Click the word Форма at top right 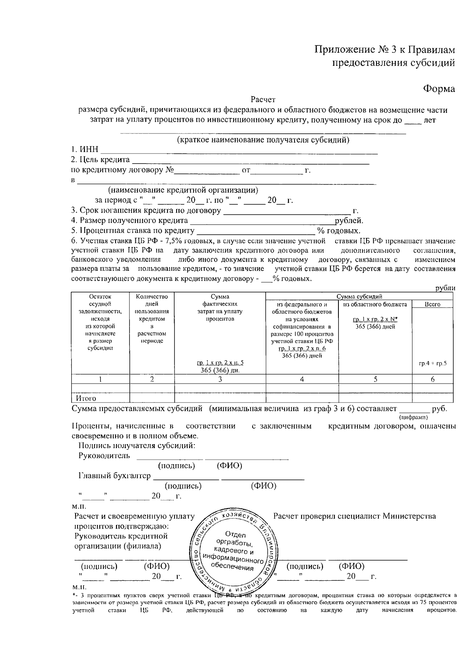[439, 89]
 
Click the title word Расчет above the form [263, 100]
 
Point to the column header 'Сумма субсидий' [359, 297]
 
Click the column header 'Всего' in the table [433, 304]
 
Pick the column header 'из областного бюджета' [375, 304]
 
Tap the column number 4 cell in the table [302, 379]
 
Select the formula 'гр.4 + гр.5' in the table [433, 363]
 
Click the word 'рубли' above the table [445, 288]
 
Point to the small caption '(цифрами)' [414, 417]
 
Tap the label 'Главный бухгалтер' [114, 476]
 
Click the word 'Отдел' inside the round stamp [235, 535]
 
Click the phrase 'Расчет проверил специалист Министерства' [354, 516]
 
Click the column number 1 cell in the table [101, 379]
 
